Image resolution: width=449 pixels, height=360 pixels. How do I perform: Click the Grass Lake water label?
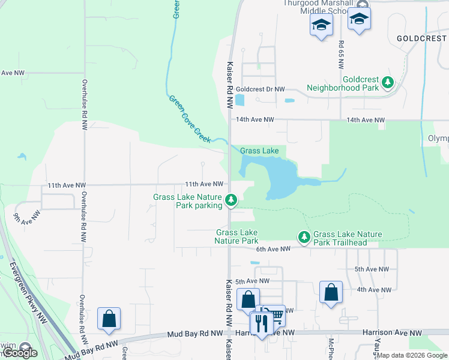point(259,151)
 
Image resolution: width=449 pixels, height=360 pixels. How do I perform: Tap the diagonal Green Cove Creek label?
point(188,119)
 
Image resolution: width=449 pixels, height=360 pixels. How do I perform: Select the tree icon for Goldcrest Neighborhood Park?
point(388,82)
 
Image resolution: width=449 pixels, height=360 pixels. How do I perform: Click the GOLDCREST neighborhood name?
point(422,38)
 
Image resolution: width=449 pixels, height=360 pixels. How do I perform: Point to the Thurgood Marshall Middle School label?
point(315,3)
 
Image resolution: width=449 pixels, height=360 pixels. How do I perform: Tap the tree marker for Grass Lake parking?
point(232,199)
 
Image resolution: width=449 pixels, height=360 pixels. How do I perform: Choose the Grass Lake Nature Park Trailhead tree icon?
point(304,238)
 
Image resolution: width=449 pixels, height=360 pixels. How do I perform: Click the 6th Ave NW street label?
point(273,248)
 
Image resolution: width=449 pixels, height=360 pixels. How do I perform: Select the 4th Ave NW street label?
point(374,290)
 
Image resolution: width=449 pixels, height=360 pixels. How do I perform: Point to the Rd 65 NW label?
point(340,53)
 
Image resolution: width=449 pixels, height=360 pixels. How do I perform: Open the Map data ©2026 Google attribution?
point(412,356)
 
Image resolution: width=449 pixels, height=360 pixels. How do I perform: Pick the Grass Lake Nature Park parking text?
point(188,201)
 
